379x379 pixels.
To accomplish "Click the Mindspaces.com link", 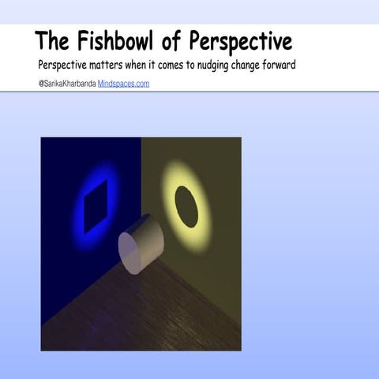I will tap(123, 83).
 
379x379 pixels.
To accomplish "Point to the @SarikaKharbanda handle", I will tap(66, 83).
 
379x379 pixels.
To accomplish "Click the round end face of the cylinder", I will tap(133, 252).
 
